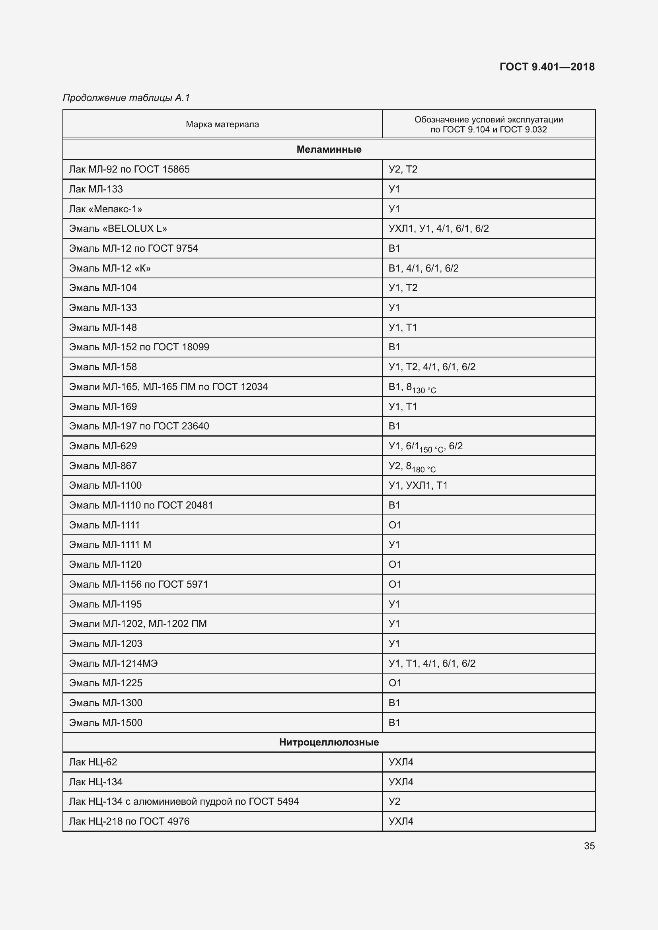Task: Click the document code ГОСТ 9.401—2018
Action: (x=547, y=67)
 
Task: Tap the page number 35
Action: (x=589, y=846)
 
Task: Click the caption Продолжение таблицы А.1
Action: (x=127, y=98)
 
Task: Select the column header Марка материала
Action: (x=222, y=124)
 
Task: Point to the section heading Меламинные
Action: (x=329, y=149)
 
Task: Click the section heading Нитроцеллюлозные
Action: (x=329, y=742)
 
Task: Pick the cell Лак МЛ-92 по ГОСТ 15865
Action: (x=129, y=169)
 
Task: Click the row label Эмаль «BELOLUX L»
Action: (x=118, y=229)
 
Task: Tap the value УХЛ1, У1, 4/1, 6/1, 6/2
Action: (x=438, y=229)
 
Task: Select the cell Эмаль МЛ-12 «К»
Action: (x=110, y=268)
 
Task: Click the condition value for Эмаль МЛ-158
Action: (x=432, y=367)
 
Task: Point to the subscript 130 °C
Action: (x=424, y=390)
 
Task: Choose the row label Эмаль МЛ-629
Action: (x=103, y=446)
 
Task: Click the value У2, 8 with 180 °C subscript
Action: (x=412, y=467)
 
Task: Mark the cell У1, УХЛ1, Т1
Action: (x=418, y=485)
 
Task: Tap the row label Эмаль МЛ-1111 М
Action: (x=110, y=545)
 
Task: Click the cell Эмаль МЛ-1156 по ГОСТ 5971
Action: (x=138, y=584)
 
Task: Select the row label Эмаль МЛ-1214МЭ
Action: (x=113, y=663)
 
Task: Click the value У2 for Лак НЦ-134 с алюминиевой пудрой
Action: (x=394, y=801)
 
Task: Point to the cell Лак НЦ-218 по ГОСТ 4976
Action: (x=129, y=821)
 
